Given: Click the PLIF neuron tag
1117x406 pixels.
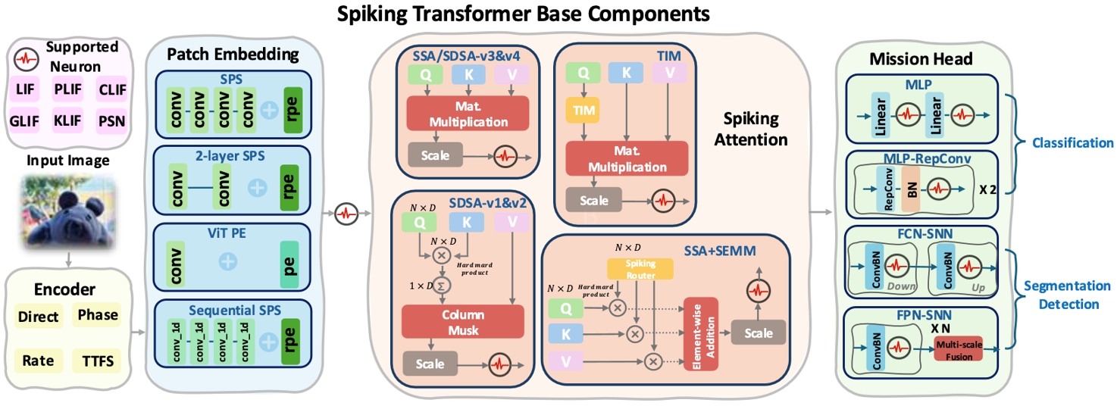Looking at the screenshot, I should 69,92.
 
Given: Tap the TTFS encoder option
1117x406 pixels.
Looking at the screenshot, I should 96,361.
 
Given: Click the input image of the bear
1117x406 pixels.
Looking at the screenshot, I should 69,212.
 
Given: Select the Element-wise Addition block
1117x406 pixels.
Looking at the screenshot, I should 701,334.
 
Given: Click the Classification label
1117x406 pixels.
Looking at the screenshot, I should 1069,142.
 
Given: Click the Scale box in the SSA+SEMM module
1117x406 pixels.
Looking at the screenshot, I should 759,333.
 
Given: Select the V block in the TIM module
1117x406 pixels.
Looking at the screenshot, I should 668,72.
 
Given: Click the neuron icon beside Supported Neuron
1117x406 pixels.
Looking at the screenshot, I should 27,57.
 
